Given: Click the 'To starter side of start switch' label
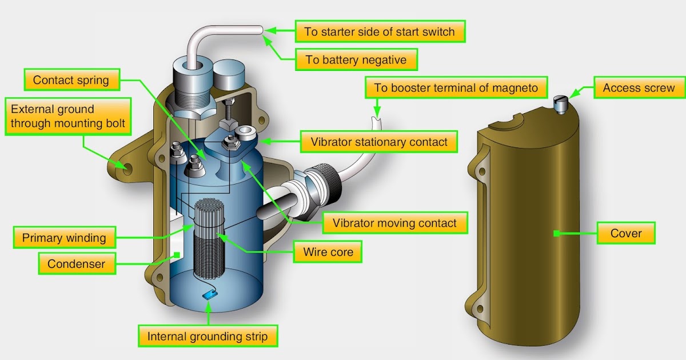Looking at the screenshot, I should pyautogui.click(x=380, y=31).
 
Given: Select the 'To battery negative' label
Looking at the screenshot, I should pyautogui.click(x=356, y=59).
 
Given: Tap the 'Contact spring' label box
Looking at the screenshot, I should pyautogui.click(x=71, y=80).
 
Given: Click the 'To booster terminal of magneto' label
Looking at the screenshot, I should pyautogui.click(x=456, y=89).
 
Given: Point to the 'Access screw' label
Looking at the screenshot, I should pyautogui.click(x=639, y=89).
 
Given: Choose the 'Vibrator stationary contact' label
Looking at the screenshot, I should pyautogui.click(x=379, y=141).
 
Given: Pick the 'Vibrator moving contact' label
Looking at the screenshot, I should pyautogui.click(x=390, y=223).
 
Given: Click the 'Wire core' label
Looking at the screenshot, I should pyautogui.click(x=328, y=251).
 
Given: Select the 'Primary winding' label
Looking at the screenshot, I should pyautogui.click(x=64, y=238).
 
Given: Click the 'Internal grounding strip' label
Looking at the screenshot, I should pyautogui.click(x=208, y=336).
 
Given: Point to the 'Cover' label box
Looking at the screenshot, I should pyautogui.click(x=626, y=233).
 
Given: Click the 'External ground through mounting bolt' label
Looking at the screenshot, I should pyautogui.click(x=67, y=115).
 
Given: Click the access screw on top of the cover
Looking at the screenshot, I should pyautogui.click(x=560, y=105).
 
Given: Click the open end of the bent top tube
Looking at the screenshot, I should pyautogui.click(x=261, y=29).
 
